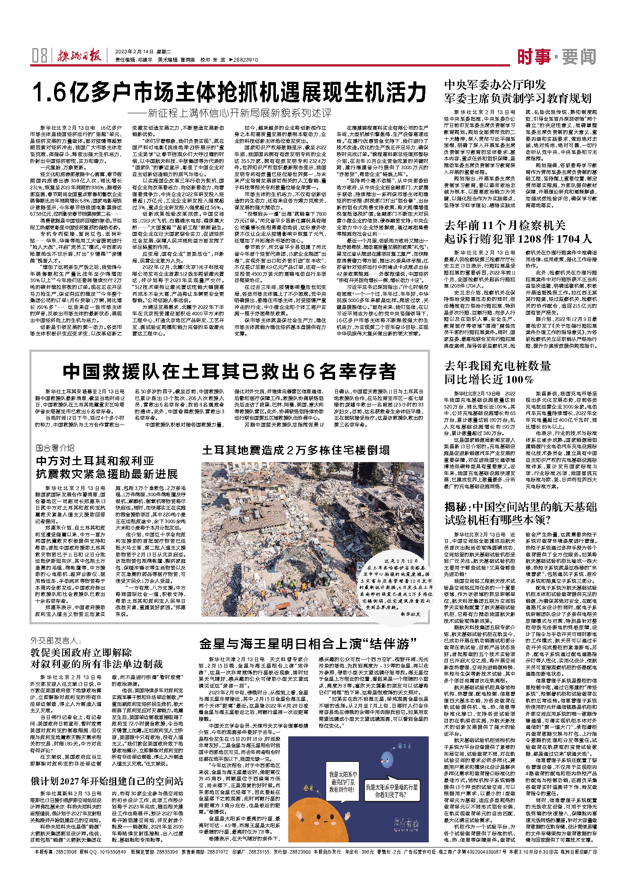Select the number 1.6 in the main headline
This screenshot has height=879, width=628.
[x=51, y=92]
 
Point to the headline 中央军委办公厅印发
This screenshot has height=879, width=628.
[x=495, y=85]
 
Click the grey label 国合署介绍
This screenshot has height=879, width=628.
[x=55, y=448]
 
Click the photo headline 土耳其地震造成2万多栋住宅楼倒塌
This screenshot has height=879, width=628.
[x=295, y=450]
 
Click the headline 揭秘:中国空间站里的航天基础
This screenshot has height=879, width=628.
[x=520, y=507]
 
